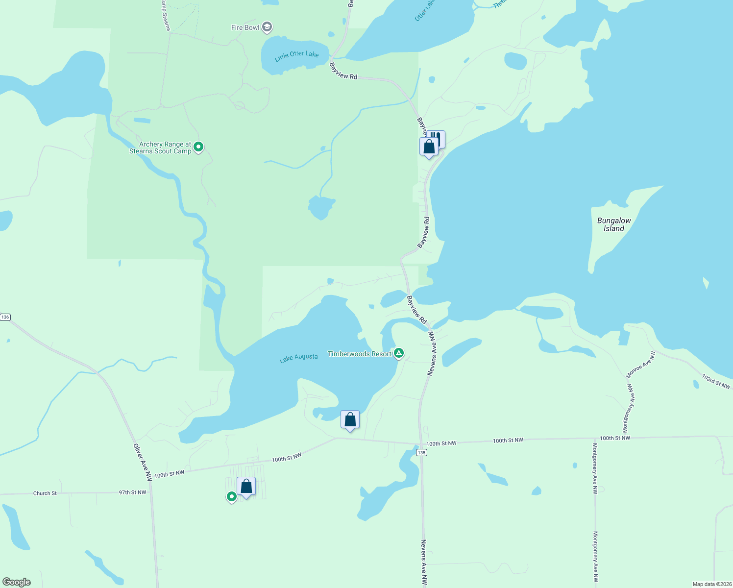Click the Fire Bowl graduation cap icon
267,27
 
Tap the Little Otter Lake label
296,55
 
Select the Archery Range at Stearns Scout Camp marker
198,147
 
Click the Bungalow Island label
614,224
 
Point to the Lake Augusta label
298,358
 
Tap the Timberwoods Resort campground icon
399,353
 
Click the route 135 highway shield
422,452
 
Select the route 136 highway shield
5,317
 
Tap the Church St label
45,493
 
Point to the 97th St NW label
132,492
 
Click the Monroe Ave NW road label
641,365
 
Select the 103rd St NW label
716,382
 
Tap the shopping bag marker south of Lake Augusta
350,420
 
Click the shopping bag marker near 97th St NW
246,487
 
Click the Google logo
17,582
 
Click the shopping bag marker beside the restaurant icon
429,147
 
